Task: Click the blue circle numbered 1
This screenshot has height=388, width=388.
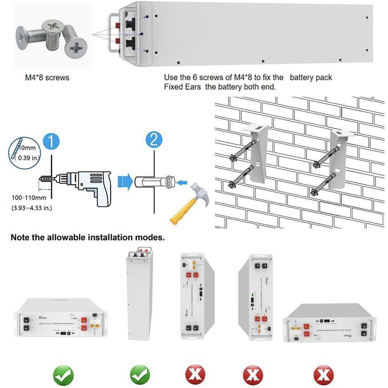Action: (51, 140)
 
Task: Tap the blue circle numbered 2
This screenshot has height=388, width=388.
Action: (154, 140)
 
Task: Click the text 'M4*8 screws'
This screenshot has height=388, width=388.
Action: (47, 78)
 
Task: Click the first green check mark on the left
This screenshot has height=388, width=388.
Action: (64, 375)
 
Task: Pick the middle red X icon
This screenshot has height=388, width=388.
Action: (253, 375)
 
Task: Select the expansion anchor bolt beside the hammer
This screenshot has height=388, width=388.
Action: (153, 182)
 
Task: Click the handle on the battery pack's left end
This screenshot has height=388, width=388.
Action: (112, 33)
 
